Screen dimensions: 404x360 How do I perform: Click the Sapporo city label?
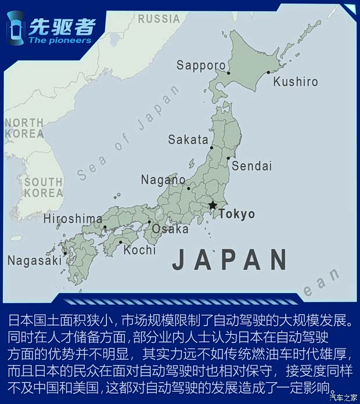200,65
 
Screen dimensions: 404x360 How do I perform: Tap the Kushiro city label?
296,82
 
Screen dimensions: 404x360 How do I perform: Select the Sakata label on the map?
188,140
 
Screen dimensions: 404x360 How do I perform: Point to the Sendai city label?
251,167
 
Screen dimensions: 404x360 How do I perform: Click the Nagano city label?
163,180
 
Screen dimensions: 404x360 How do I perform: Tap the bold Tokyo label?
236,214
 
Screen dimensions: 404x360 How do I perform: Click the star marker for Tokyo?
213,205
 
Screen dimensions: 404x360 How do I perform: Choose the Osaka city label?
170,229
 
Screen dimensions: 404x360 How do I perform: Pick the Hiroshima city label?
73,219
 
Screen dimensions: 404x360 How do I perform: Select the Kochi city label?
140,250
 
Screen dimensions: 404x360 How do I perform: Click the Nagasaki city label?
34,261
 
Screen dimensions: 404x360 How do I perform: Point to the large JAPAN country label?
230,259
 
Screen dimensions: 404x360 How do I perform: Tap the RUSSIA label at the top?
159,19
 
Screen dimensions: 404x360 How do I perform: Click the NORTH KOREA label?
24,128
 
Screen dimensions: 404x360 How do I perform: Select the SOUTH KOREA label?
43,187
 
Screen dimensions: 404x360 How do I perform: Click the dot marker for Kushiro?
268,73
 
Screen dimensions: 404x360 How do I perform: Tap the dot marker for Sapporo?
229,73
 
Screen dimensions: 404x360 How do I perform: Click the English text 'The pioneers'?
60,40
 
